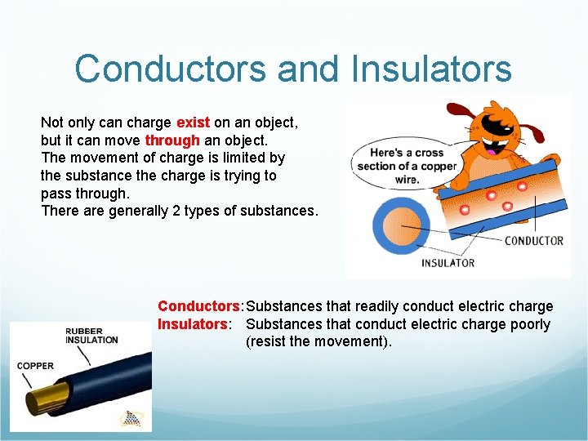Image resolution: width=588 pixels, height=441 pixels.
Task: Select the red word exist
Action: pos(193,122)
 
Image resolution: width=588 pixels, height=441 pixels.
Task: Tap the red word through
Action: pos(171,140)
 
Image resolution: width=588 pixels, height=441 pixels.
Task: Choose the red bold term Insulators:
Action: pos(193,324)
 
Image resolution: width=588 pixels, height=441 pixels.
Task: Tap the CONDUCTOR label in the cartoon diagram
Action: pos(533,240)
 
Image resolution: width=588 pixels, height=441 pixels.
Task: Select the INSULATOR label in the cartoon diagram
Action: pos(448,263)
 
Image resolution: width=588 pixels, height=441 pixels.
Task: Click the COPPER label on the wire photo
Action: pos(35,365)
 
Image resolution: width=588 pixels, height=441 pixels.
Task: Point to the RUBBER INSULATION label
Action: pos(91,336)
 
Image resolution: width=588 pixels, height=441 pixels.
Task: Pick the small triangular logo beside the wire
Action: pos(130,418)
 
